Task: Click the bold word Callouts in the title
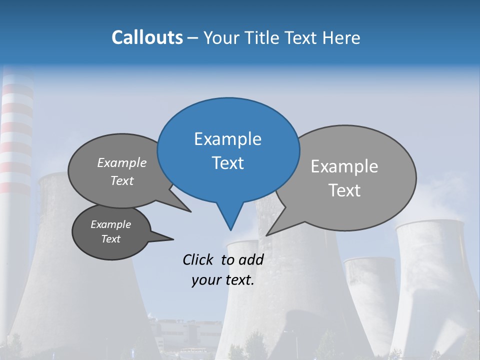(147, 37)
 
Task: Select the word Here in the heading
(341, 37)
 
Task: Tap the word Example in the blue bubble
(227, 139)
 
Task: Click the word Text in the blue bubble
(227, 163)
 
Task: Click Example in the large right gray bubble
(344, 166)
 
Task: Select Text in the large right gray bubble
(344, 190)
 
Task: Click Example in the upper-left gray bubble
(122, 163)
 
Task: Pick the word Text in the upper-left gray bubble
(122, 181)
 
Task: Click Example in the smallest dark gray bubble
(110, 224)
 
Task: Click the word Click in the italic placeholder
(199, 259)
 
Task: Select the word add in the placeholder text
(251, 259)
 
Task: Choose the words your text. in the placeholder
(222, 280)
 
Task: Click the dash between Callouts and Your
(193, 38)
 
